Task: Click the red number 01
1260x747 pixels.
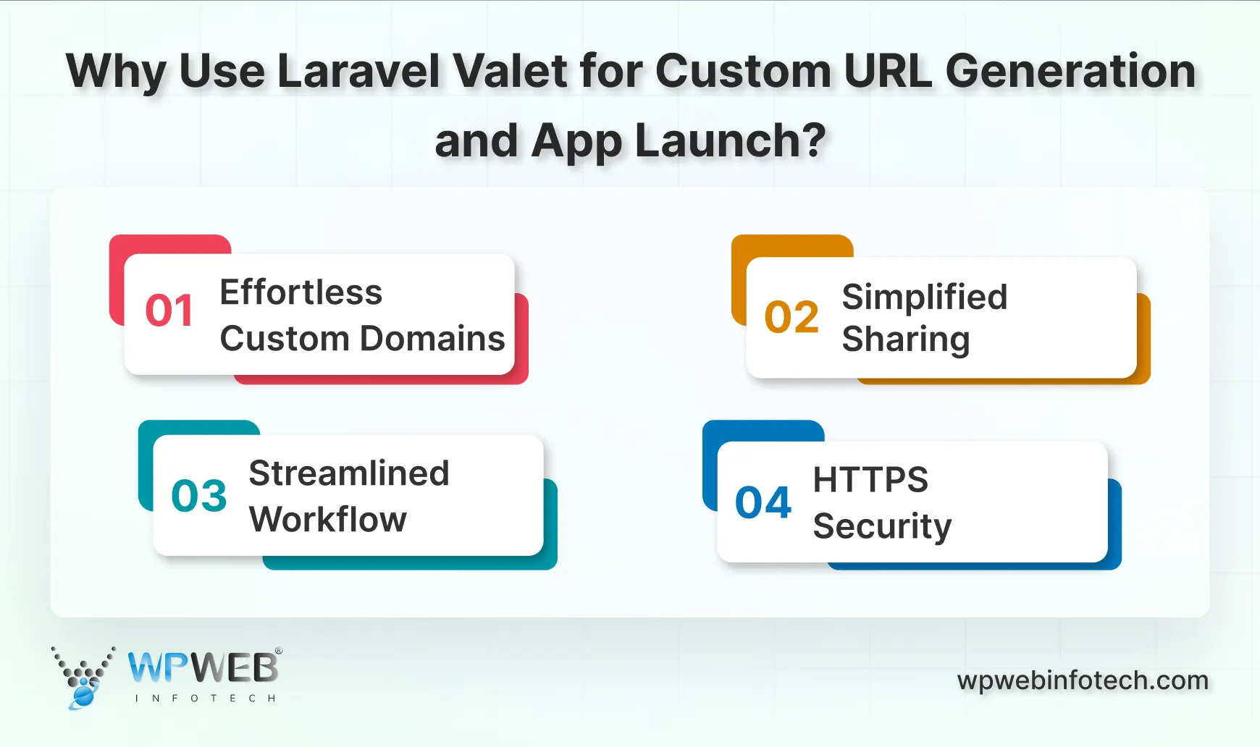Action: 169,311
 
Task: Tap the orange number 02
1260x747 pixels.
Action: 791,317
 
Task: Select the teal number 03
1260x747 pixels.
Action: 199,497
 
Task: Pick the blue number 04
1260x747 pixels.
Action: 763,503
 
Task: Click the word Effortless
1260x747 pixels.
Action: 301,293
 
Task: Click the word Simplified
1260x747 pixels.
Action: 924,297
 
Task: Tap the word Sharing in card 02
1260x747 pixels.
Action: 905,340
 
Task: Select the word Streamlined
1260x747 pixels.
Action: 348,474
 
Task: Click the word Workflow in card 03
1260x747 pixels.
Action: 327,520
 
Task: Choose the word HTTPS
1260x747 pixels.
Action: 870,480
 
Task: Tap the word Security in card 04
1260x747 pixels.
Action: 881,526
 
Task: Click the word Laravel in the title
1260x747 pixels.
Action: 358,72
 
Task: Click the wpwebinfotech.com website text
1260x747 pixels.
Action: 1083,681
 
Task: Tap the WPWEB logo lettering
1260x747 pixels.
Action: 203,667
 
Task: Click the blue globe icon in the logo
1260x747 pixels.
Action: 83,696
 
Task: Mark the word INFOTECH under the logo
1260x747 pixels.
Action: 205,699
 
